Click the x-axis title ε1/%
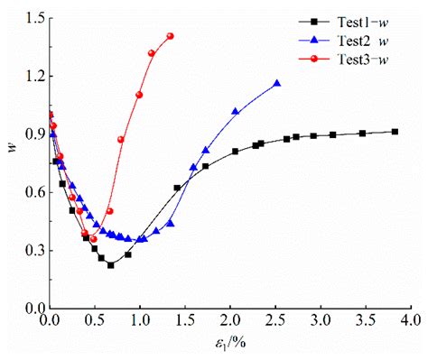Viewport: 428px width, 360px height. (x=228, y=344)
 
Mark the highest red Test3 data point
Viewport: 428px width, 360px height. (x=170, y=36)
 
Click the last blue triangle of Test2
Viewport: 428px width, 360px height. (x=276, y=83)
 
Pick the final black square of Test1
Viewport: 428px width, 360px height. (x=395, y=132)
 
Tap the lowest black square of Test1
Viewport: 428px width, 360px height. (x=111, y=265)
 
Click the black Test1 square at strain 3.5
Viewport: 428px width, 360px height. (x=362, y=134)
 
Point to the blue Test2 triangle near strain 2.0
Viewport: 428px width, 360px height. (x=235, y=111)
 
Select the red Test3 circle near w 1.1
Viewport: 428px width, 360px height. (x=139, y=95)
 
